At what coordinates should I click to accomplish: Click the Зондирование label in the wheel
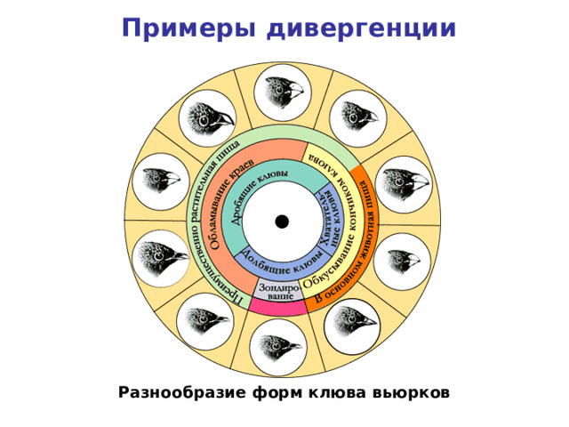(x=276, y=290)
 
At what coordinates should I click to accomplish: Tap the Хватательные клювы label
(x=325, y=217)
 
